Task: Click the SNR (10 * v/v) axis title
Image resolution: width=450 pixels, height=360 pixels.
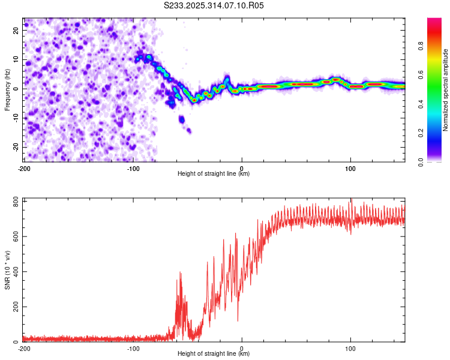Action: [7, 269]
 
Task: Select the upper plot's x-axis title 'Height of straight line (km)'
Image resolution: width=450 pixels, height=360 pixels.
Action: [214, 174]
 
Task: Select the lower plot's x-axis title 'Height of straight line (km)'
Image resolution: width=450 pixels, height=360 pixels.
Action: [214, 354]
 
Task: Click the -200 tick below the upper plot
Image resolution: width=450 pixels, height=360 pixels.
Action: [24, 167]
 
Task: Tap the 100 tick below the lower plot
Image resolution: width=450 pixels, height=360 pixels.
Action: [351, 348]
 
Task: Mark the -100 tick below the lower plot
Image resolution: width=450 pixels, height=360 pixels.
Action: [133, 348]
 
